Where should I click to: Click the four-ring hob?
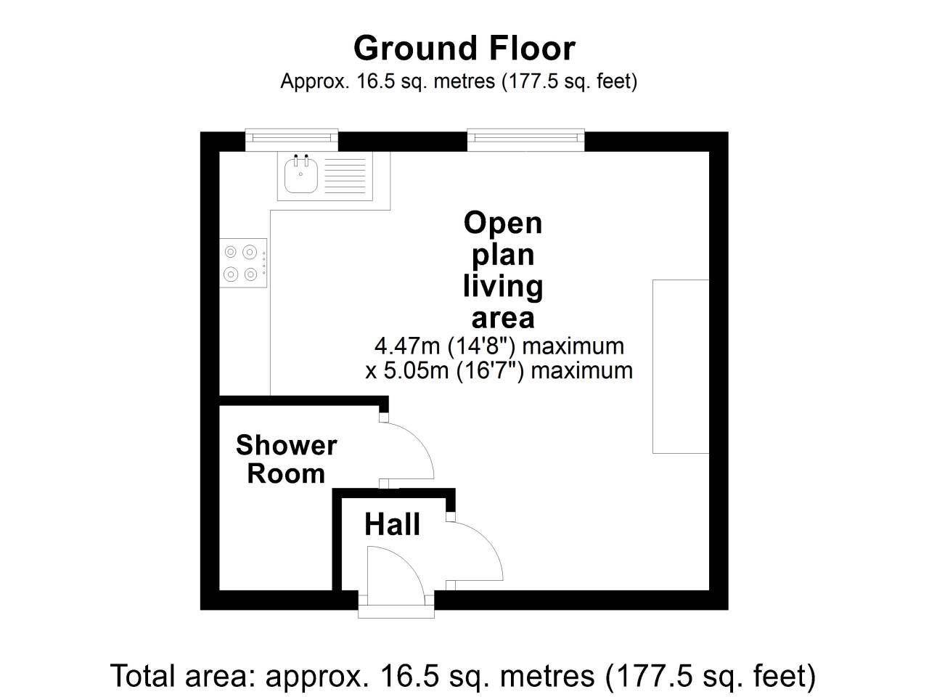[243, 263]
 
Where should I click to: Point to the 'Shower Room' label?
[286, 459]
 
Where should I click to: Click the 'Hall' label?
[393, 524]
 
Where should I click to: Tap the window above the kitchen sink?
[292, 139]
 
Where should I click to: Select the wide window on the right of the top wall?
[525, 139]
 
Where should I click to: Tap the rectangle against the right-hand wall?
[681, 367]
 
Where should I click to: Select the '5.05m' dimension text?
[416, 371]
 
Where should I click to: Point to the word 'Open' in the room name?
[503, 224]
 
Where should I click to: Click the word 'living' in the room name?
[503, 287]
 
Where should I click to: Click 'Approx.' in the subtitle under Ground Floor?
[315, 81]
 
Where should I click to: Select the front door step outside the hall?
[396, 611]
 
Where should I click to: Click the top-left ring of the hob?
[230, 252]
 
